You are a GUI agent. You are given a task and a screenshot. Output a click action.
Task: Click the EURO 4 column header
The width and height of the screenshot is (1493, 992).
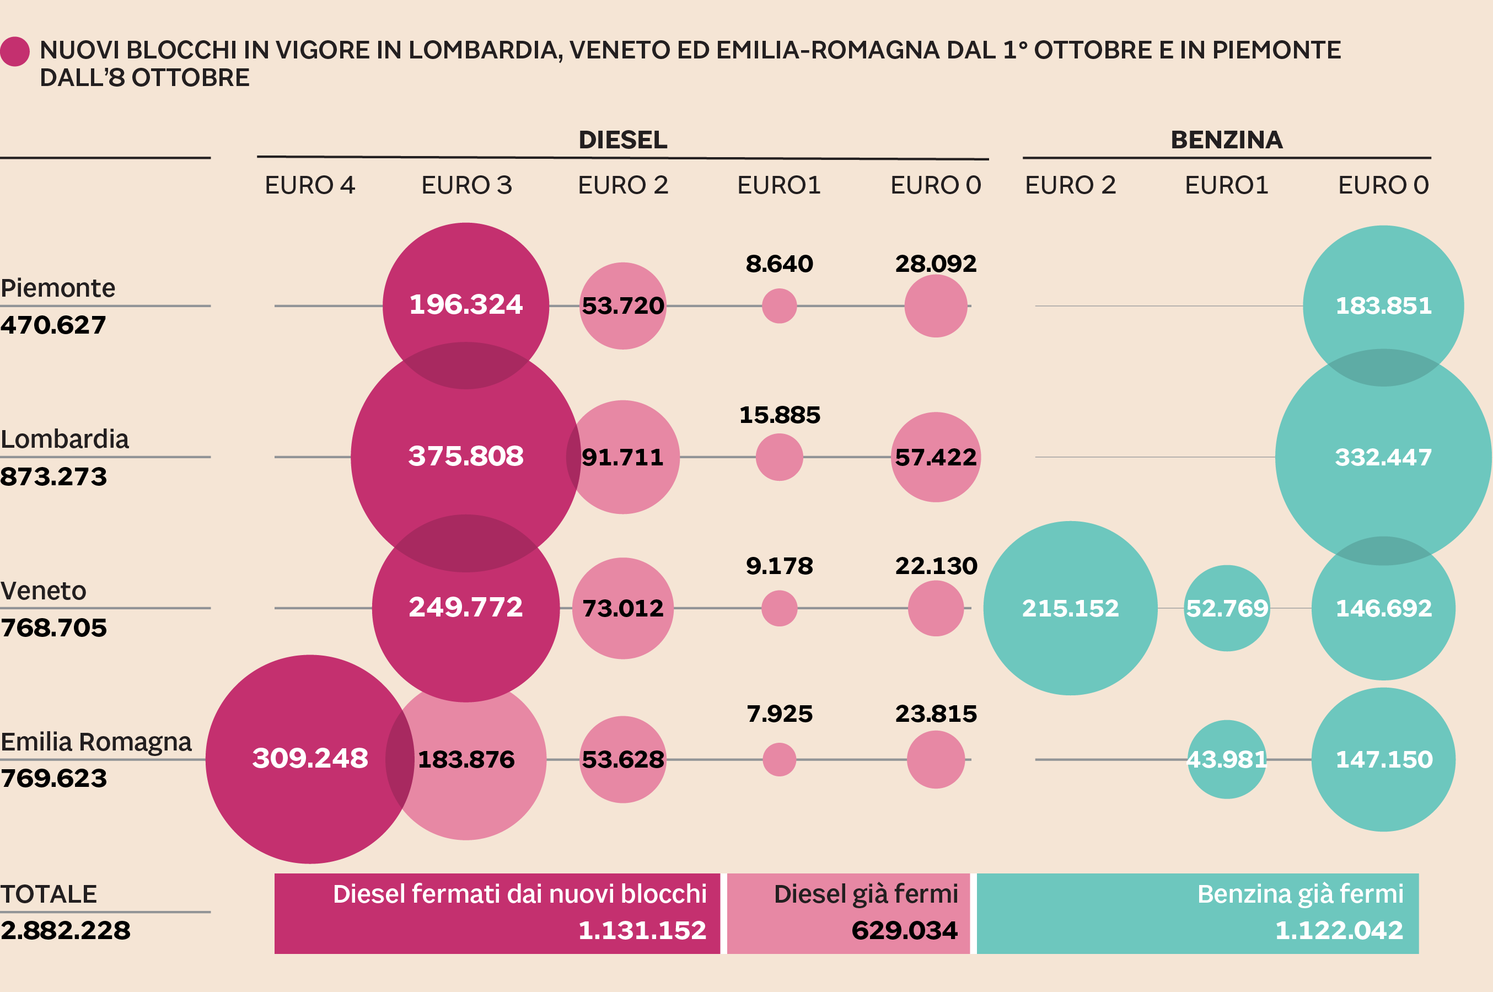click(310, 185)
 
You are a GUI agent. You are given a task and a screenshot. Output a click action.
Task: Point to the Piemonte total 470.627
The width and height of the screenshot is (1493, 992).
click(53, 325)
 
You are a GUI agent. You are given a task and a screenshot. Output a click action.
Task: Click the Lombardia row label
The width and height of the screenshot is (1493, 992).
click(65, 439)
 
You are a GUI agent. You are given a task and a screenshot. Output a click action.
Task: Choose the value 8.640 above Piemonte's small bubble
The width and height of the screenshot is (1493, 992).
click(779, 264)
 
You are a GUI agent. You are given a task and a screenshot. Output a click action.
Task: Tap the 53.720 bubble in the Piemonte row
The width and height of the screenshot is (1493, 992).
click(623, 306)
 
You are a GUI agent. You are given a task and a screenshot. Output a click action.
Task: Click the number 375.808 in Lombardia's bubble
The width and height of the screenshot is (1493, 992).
click(466, 456)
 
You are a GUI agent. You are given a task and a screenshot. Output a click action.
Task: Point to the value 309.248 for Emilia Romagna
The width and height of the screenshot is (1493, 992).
click(310, 758)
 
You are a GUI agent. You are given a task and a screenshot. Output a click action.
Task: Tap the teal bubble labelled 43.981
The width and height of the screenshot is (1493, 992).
click(1227, 759)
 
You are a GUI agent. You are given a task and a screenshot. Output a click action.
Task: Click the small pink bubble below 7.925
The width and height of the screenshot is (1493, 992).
click(779, 759)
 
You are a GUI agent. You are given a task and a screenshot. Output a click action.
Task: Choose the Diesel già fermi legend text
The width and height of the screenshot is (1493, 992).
click(866, 894)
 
